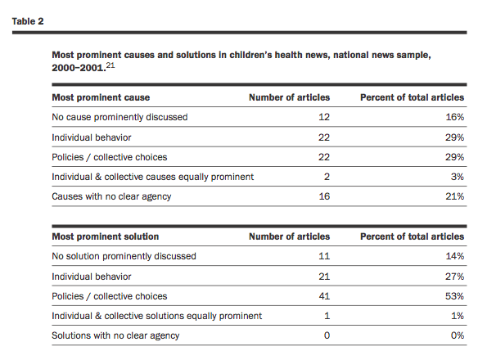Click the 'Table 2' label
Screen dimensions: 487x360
pos(28,21)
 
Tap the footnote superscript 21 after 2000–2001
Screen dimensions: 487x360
pos(110,65)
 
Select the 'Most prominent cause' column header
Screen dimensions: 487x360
pos(101,97)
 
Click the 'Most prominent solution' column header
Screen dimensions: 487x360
pos(106,236)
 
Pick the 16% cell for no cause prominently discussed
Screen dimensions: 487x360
pos(455,117)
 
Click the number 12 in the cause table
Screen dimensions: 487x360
pos(324,117)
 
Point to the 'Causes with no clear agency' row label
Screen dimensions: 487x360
pos(111,196)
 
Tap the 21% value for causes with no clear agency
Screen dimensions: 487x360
pos(455,196)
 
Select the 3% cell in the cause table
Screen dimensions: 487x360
pos(458,177)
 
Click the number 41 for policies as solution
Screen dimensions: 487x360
pos(324,296)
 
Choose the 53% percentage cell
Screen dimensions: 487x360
pos(454,296)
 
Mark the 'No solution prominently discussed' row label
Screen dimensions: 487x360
pos(124,256)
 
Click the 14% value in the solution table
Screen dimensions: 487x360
pos(455,256)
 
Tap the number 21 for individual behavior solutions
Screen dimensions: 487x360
pos(324,277)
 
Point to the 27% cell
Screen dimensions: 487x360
pos(454,277)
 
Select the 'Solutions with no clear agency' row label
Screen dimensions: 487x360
pos(115,335)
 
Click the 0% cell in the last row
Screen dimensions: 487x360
pos(458,335)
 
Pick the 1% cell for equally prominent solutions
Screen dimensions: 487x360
pos(458,316)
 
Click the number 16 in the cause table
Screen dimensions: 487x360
pos(324,196)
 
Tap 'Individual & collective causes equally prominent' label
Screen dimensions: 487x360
pos(153,177)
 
